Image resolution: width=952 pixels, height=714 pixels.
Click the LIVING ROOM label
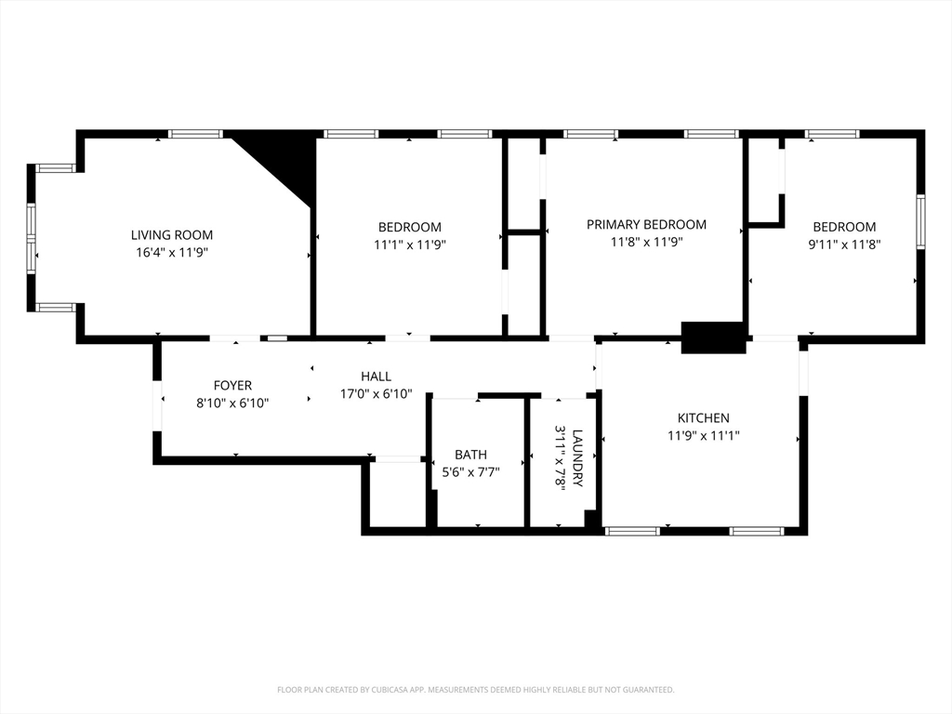coord(172,235)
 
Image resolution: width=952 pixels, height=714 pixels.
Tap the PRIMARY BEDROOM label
coord(647,225)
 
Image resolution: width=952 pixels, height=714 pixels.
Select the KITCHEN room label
coord(704,417)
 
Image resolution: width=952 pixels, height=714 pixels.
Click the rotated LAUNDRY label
coord(577,458)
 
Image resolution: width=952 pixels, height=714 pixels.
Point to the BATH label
coord(470,454)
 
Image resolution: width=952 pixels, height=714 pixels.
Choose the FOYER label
coord(232,385)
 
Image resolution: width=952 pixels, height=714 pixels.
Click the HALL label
coord(376,377)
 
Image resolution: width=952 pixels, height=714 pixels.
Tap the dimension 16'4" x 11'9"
coord(172,253)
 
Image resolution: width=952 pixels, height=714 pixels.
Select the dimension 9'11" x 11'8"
coord(844,245)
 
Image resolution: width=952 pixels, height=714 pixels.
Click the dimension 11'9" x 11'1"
coord(704,435)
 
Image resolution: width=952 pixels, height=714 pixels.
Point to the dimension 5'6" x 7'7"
coord(470,471)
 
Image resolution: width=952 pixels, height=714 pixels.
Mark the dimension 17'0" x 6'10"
coord(376,394)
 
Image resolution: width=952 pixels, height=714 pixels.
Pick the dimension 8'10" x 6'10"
coord(232,403)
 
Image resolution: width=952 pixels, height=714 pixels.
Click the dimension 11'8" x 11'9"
coord(647,243)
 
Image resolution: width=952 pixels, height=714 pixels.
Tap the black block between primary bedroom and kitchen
coord(713,337)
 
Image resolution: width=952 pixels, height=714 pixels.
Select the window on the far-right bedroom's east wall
coord(921,221)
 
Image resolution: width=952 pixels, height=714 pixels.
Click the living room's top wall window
coord(195,134)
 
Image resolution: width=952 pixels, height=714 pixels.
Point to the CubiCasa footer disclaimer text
coord(476,690)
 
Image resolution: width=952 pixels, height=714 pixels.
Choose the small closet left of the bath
coord(397,493)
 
